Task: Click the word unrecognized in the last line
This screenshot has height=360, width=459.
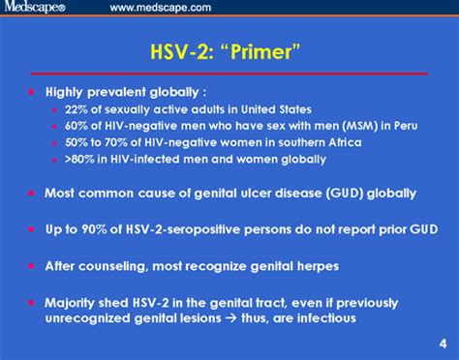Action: (89, 316)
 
